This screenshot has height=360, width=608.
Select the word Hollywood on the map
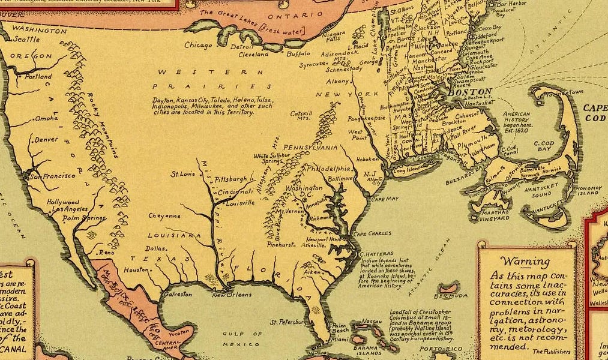63,202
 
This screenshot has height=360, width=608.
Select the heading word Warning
526,262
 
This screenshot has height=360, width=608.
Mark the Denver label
47,139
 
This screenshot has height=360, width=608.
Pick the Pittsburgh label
231,179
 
